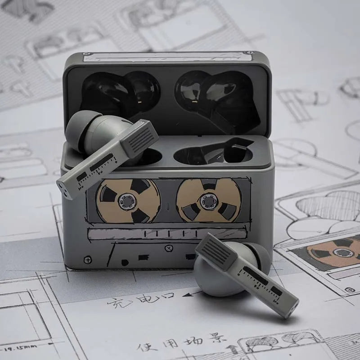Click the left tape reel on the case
pyautogui.click(x=128, y=200)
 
